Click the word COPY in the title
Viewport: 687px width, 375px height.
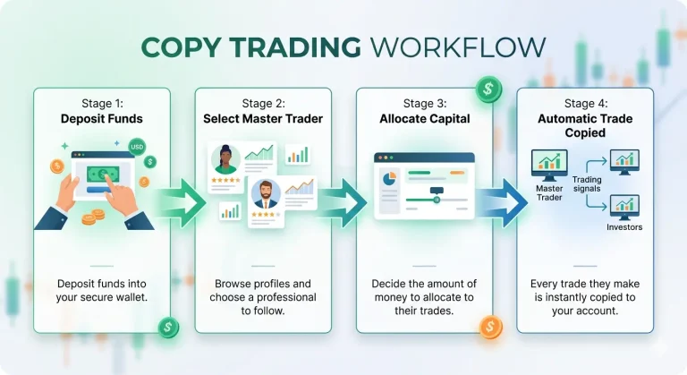click(181, 47)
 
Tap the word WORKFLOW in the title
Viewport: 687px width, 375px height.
click(458, 47)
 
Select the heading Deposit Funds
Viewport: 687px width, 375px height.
click(102, 119)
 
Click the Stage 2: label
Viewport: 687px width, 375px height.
click(263, 104)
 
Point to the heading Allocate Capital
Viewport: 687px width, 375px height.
click(425, 119)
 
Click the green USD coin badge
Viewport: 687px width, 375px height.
click(137, 147)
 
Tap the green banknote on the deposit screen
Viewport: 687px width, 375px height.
click(103, 175)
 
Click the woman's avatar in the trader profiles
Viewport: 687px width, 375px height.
click(225, 159)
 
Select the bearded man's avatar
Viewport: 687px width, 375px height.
click(266, 194)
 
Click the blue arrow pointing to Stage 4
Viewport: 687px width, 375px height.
click(503, 202)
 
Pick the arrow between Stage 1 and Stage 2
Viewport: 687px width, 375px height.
click(181, 202)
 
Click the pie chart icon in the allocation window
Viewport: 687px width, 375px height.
click(389, 178)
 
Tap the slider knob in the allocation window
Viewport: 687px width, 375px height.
click(437, 200)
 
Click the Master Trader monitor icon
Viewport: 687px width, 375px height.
click(549, 165)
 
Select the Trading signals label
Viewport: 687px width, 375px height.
click(587, 184)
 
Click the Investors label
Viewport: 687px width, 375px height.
click(624, 227)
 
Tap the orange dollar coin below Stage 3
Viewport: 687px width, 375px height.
click(490, 328)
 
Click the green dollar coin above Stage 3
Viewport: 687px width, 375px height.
click(488, 89)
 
